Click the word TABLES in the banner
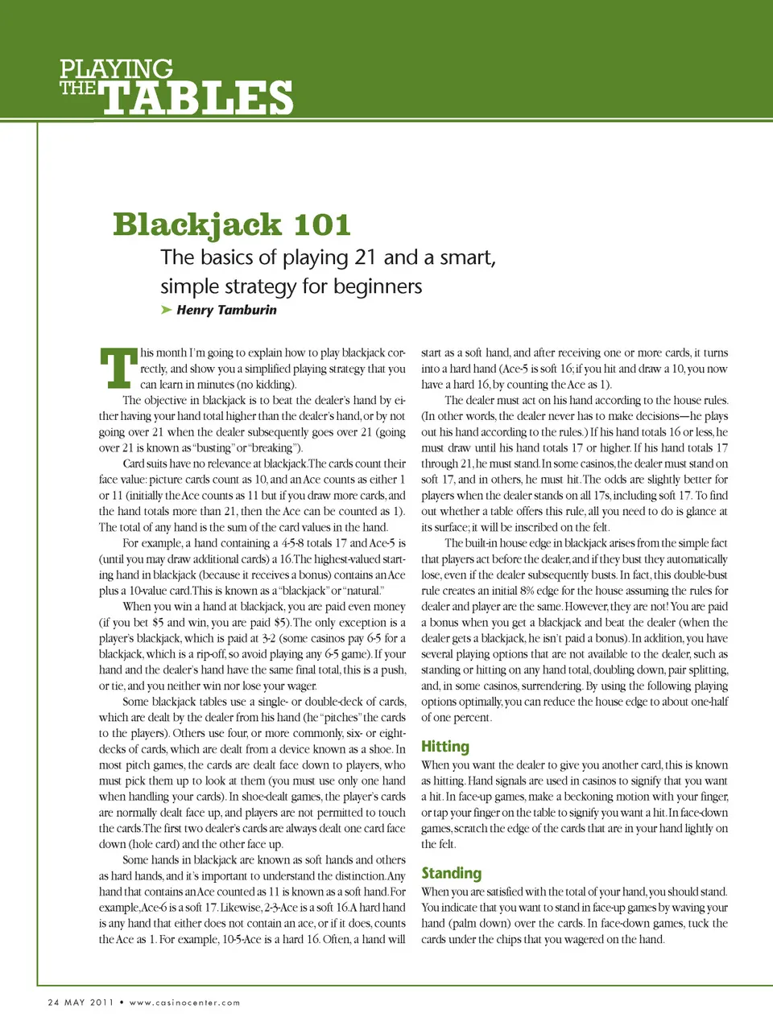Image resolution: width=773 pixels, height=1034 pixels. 197,98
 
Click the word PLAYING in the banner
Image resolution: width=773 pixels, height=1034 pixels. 116,69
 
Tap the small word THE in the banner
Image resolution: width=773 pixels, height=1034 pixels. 77,88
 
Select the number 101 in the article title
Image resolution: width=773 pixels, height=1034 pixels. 322,225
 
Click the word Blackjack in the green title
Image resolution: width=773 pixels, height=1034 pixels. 197,225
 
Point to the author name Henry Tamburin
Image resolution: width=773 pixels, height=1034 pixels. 226,310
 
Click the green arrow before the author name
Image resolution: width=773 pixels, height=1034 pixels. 166,310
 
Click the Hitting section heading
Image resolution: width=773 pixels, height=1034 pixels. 444,747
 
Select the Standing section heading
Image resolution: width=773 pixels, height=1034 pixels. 451,873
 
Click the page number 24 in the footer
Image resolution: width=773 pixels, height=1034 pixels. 54,1002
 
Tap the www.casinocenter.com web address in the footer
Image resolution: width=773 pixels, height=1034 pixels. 184,1003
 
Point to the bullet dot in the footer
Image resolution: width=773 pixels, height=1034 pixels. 122,1002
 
